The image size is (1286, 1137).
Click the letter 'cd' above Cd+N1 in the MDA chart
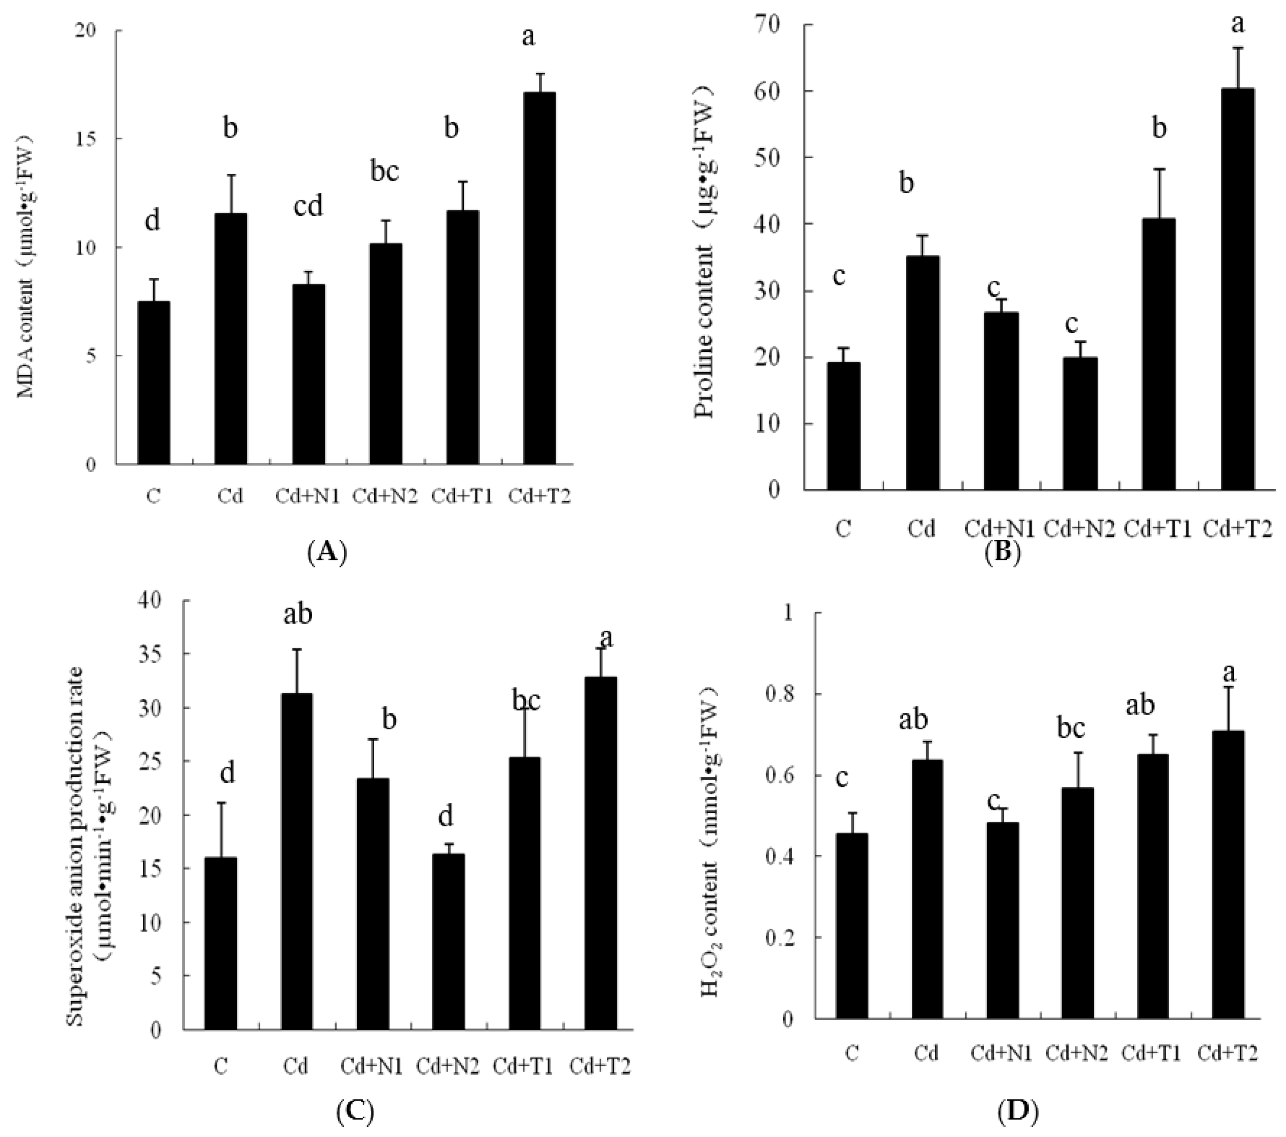coord(308,206)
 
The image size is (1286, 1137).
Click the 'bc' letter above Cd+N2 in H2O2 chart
coord(1070,728)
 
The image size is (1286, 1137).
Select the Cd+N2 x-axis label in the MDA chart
coord(385,496)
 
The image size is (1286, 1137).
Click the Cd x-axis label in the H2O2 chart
coord(926,1053)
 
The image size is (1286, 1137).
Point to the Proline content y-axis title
coord(706,258)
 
